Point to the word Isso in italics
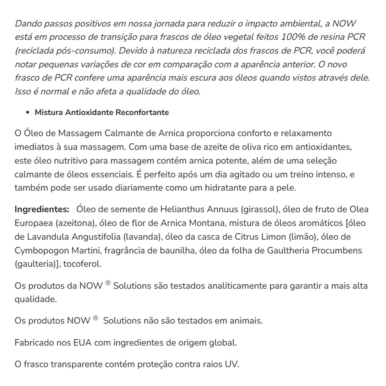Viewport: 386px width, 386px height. click(22, 92)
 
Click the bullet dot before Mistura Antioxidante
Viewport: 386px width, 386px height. click(27, 113)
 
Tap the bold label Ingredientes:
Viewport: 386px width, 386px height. click(42, 209)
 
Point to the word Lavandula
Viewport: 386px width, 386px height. click(43, 237)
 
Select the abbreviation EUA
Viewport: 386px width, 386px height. click(82, 342)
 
